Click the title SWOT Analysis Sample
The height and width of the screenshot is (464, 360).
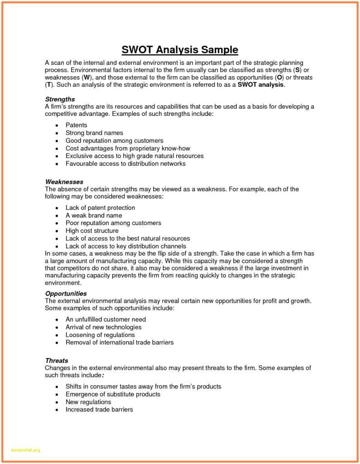[180, 49]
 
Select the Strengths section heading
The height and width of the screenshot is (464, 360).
[60, 99]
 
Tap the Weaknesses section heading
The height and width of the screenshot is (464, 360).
[64, 181]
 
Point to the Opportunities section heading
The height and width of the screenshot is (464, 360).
[66, 293]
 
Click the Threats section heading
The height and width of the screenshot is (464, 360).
[57, 361]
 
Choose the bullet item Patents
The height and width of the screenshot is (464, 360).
[76, 125]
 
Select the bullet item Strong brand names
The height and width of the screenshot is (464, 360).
[94, 133]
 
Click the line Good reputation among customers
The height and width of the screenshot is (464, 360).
[114, 140]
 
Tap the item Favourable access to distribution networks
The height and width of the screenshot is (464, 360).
[125, 164]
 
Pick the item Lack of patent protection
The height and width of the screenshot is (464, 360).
[100, 208]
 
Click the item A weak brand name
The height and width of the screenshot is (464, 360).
[94, 215]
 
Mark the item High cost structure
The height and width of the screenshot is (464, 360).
[92, 231]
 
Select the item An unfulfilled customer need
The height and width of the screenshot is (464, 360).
[106, 319]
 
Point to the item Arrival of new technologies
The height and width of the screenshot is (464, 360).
[103, 327]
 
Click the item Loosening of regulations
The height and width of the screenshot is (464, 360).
[100, 335]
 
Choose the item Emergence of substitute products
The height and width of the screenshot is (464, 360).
[113, 394]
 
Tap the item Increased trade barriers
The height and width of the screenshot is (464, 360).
[99, 410]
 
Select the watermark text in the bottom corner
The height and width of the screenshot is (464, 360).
[25, 450]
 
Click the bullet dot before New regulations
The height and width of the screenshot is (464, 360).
[56, 402]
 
